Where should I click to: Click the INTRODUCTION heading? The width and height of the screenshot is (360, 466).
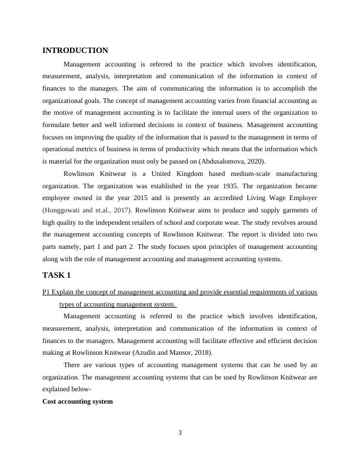click(x=75, y=51)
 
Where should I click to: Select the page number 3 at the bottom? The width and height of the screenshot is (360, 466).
click(x=180, y=433)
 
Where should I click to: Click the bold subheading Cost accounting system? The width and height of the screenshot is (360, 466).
click(x=78, y=401)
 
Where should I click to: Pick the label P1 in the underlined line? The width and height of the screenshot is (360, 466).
click(x=46, y=292)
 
